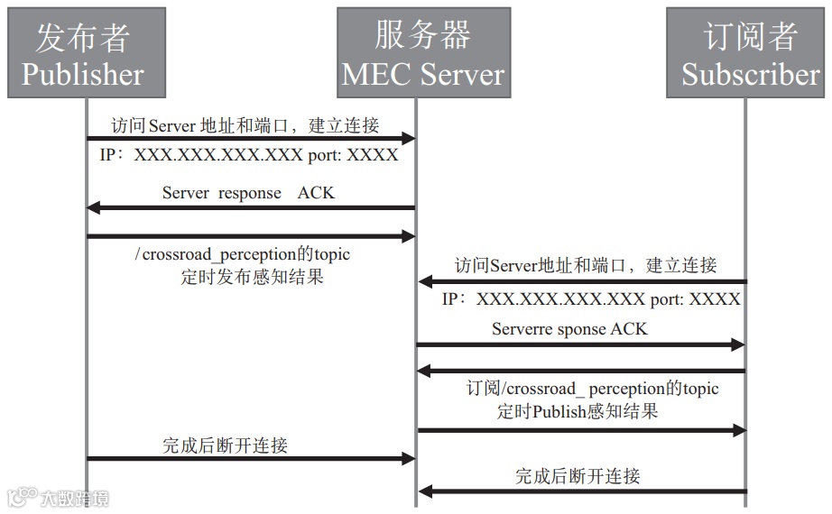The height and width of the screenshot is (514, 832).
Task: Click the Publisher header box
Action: click(87, 52)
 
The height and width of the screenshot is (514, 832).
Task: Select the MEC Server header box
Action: click(423, 52)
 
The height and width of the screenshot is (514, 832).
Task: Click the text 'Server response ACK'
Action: click(248, 193)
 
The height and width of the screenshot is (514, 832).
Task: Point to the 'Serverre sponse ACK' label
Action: click(569, 329)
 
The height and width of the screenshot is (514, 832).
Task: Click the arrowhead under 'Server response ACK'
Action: click(93, 208)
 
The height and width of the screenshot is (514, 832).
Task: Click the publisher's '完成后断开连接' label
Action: click(225, 445)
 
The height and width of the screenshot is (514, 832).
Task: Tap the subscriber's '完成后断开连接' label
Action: click(578, 476)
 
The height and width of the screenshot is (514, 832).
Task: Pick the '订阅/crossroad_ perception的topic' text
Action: click(592, 389)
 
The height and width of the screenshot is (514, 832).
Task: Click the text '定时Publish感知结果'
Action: click(578, 411)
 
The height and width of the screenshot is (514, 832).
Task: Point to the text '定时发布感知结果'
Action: click(252, 277)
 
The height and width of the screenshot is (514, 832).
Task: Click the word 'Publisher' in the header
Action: click(83, 74)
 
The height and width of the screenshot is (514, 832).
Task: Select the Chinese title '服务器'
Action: click(423, 35)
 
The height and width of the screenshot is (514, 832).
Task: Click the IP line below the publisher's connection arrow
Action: click(249, 155)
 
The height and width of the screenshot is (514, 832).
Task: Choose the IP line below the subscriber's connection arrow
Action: click(591, 299)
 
